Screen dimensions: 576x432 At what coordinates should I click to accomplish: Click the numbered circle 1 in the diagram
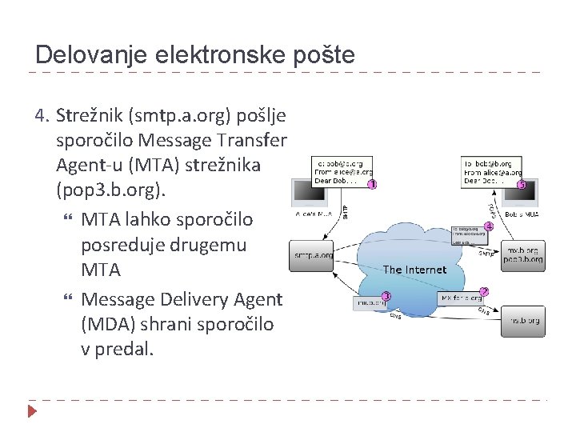pos(372,185)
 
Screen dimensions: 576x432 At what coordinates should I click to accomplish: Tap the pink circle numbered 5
pos(522,185)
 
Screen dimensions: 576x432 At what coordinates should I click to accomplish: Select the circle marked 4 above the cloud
pos(489,226)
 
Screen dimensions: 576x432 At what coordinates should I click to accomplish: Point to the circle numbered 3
pos(386,295)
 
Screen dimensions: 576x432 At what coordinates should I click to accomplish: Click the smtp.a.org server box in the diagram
pos(313,256)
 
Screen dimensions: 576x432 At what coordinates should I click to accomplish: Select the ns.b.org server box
pos(524,321)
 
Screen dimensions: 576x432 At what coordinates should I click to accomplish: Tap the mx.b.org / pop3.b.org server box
pos(524,254)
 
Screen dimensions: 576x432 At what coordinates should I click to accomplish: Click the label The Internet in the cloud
pos(414,270)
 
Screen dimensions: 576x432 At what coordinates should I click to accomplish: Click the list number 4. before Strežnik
pos(43,117)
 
